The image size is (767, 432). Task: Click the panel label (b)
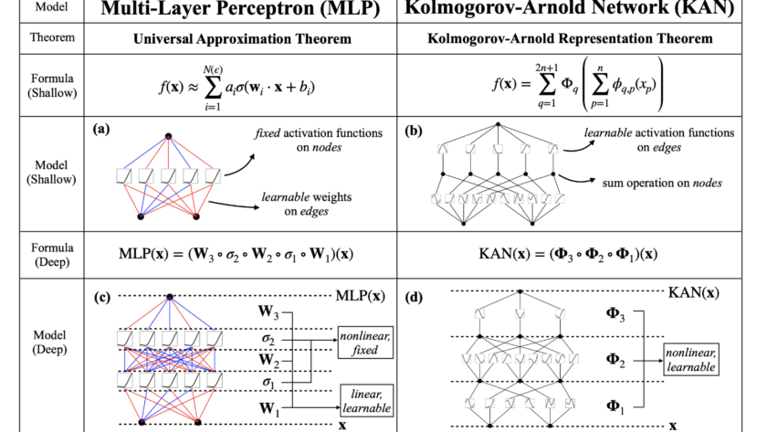coord(413,130)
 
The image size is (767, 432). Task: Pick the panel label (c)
coord(102,297)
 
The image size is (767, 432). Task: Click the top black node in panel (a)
coord(168,137)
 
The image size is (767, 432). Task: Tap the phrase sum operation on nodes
coord(663,184)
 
